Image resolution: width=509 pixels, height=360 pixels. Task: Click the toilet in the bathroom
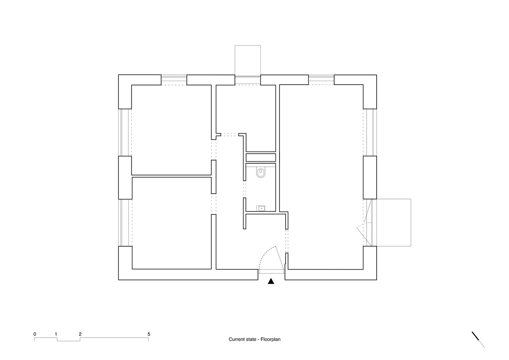click(261, 172)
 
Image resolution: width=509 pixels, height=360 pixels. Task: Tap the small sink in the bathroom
click(261, 208)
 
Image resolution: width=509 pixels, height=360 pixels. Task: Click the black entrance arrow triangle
click(271, 281)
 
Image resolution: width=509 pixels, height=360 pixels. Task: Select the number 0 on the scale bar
click(35, 334)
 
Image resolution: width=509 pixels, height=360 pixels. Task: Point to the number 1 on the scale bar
click(56, 334)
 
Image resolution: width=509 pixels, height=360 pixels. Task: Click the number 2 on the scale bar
click(80, 334)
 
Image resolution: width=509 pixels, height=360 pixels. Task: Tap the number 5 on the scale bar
click(149, 334)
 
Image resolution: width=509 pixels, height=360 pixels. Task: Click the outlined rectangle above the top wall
click(248, 60)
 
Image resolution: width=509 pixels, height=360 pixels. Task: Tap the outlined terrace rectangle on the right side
click(394, 222)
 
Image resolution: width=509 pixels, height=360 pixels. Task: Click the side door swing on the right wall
click(364, 228)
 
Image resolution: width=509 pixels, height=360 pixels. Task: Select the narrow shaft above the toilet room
click(261, 158)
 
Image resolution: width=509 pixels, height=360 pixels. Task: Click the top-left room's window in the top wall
click(174, 80)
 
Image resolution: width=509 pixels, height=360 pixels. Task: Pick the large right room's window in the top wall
click(321, 80)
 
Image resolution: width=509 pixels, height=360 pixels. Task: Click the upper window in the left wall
click(125, 132)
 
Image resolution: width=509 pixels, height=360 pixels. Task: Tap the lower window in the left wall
click(125, 222)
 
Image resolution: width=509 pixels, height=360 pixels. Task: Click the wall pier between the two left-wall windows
click(125, 177)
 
